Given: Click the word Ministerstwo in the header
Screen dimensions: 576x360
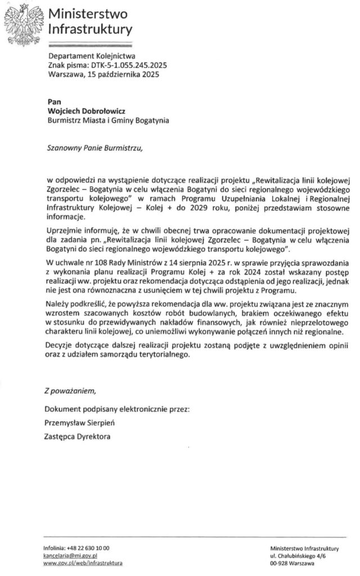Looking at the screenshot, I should point(87,13).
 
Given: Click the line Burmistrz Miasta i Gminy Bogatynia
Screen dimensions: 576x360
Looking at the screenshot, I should point(109,120).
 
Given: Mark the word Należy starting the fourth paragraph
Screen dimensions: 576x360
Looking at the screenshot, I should point(58,304).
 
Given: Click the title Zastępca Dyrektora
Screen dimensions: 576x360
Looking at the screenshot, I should point(78,436).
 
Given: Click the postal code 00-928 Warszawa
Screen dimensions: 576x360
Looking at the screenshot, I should point(292,562).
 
